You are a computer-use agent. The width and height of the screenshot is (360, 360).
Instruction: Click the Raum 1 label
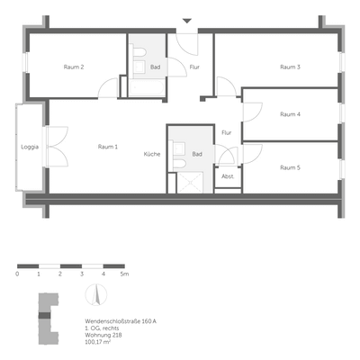coord(108,146)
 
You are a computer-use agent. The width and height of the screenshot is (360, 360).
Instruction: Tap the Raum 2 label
coord(74,67)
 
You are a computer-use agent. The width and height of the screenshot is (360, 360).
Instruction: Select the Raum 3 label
coord(290,67)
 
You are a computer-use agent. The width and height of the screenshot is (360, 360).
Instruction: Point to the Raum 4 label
coord(290,114)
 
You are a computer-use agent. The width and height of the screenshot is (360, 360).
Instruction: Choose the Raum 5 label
coord(290,167)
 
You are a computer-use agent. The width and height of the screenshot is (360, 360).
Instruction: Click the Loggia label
coord(29,146)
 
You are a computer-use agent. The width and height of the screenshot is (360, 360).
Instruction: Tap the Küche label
coord(152,155)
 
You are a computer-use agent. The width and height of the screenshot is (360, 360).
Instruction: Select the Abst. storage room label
coord(228,176)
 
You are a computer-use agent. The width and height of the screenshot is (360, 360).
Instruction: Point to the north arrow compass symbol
coord(91,294)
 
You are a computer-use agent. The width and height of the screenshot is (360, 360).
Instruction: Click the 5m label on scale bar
coord(126,273)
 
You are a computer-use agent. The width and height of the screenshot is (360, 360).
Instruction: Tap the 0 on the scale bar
coord(17,273)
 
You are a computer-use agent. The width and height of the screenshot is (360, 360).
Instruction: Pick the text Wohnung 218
coord(98,335)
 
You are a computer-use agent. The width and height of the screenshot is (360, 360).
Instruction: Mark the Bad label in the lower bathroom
coord(196,155)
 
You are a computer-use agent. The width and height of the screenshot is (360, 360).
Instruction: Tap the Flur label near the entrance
coord(194,67)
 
